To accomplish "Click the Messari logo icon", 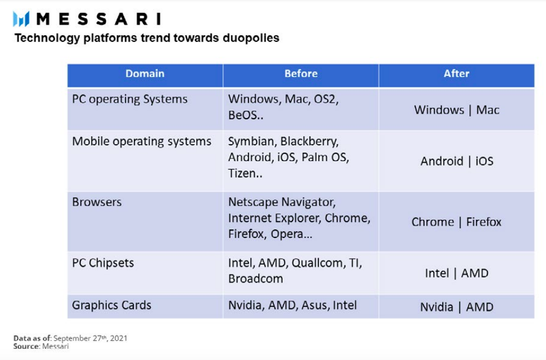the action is coord(21,19).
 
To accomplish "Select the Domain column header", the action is coord(145,73).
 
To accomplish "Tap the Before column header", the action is coord(301,73).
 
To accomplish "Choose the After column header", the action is coord(457,73).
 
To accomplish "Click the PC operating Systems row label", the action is coord(129,99).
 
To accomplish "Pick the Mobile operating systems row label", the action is coord(141,141).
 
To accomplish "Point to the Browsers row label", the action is coord(97,202).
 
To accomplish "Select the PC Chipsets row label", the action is coord(103,263).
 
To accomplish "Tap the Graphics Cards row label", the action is coord(111,305).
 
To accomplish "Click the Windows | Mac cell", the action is coord(457,110).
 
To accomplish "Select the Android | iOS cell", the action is coord(457,162).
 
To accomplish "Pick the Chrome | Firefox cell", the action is coord(457,222).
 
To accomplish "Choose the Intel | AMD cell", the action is coord(457,273).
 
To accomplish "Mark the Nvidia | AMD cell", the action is coord(457,307).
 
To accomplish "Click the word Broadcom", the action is coord(256,279).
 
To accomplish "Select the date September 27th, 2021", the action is coord(90,338).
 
